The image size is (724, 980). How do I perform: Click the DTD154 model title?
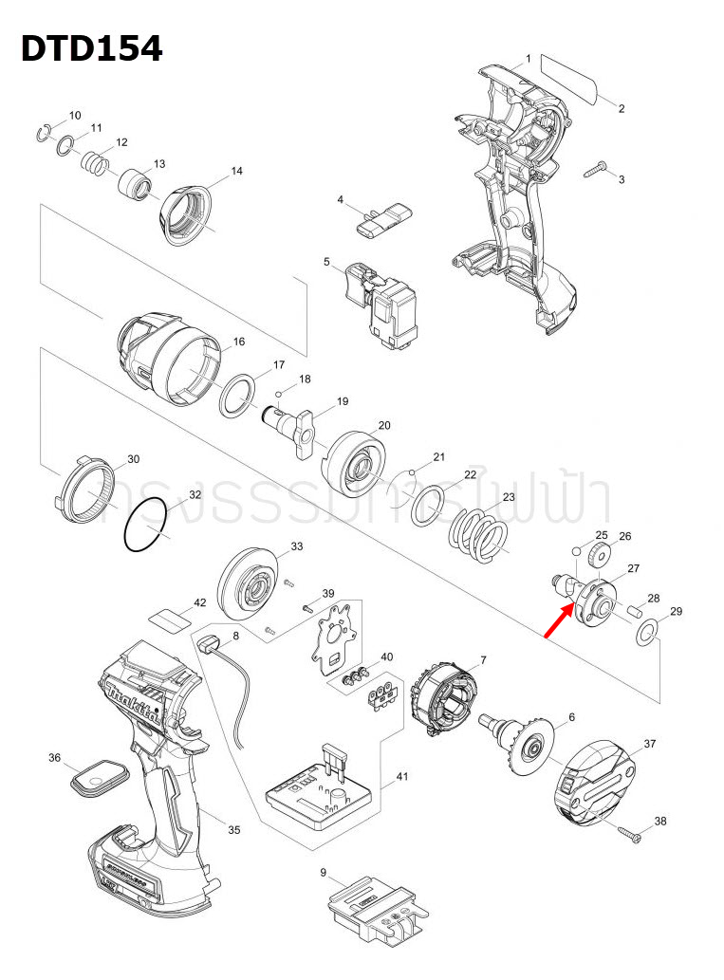(92, 48)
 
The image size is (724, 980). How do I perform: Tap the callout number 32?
(195, 495)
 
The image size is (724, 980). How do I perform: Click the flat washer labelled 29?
(646, 633)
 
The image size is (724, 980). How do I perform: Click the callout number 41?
(402, 777)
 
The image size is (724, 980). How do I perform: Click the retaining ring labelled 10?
(45, 132)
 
